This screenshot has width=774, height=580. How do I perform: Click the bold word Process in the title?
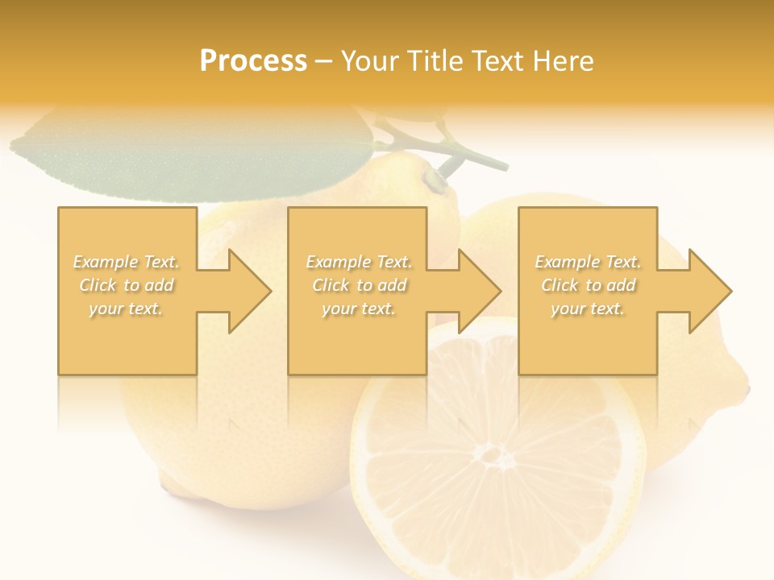click(x=253, y=61)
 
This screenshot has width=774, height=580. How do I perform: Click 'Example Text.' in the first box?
click(x=127, y=262)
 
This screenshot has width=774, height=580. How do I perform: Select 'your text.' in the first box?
click(x=127, y=309)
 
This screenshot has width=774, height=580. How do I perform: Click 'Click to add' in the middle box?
click(x=358, y=285)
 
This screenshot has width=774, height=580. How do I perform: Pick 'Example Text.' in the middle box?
click(x=358, y=262)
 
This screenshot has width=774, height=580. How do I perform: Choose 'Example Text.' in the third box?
click(x=588, y=262)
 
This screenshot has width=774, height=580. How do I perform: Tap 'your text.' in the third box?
click(x=588, y=309)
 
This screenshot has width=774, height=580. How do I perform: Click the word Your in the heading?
click(x=370, y=61)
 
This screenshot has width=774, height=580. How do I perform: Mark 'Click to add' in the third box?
click(x=588, y=285)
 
